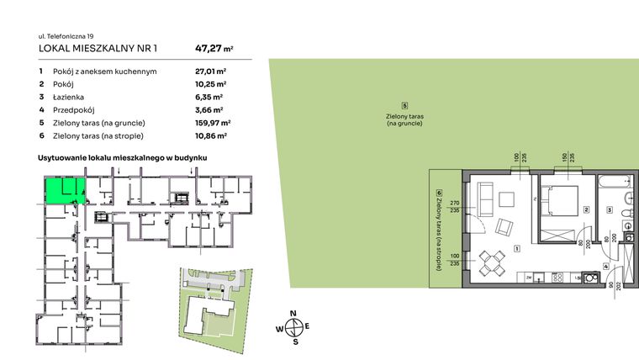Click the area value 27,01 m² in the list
pos(210,72)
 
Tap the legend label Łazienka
pos(72,98)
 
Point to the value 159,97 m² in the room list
pos(213,123)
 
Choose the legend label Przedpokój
pos(76,110)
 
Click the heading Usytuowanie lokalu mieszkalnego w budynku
pos(123,157)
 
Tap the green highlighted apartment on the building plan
pos(62,191)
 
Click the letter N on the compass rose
pos(293,313)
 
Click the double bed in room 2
pos(558,201)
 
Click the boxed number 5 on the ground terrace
pos(404,106)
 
